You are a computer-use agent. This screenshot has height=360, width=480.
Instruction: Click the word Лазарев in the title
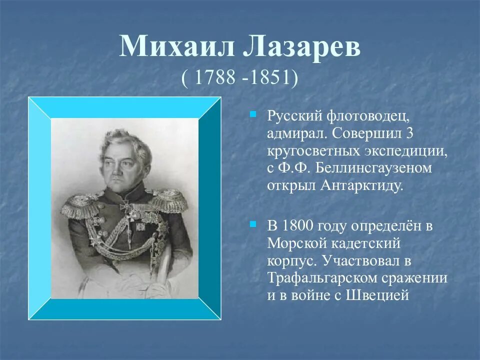(x=299, y=48)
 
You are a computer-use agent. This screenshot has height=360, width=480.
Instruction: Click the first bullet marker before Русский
(x=253, y=114)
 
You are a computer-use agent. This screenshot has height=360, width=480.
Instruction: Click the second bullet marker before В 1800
(x=253, y=222)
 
